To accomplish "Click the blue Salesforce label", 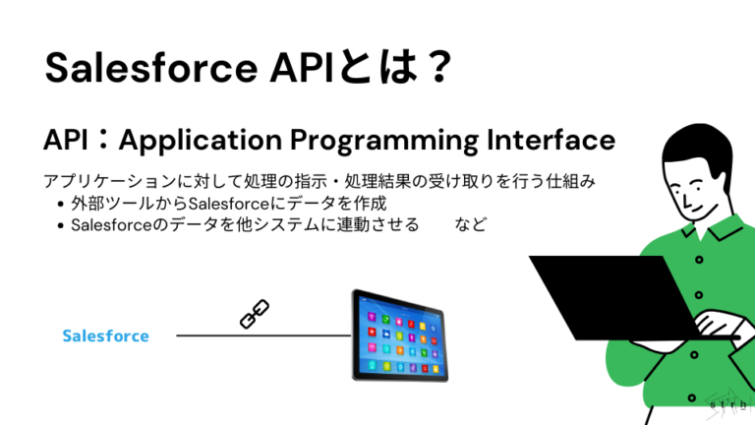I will coord(105,336).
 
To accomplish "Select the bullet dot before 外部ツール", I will coord(61,204).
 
